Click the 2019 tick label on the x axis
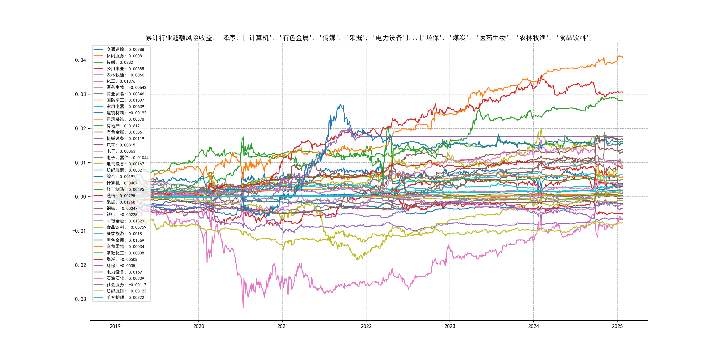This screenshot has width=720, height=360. point(115,326)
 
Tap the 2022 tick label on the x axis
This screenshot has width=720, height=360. point(366,326)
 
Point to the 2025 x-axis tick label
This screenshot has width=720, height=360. point(617,326)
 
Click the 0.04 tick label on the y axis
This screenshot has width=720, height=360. point(80,60)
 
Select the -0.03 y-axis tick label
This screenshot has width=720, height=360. point(79,299)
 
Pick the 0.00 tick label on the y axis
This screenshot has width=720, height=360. point(80,197)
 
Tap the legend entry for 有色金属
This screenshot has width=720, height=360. point(124,132)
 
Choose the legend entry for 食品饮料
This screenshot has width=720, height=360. point(126,227)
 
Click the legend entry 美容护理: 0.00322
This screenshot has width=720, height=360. point(125,297)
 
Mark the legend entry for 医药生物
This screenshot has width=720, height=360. point(126,88)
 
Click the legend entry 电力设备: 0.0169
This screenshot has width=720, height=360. point(124,272)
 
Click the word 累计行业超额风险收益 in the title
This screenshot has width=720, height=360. point(179,38)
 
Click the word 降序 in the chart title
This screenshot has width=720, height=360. point(229,38)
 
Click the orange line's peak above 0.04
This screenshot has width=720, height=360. point(618,56)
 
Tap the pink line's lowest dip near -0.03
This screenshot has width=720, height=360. point(243,308)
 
